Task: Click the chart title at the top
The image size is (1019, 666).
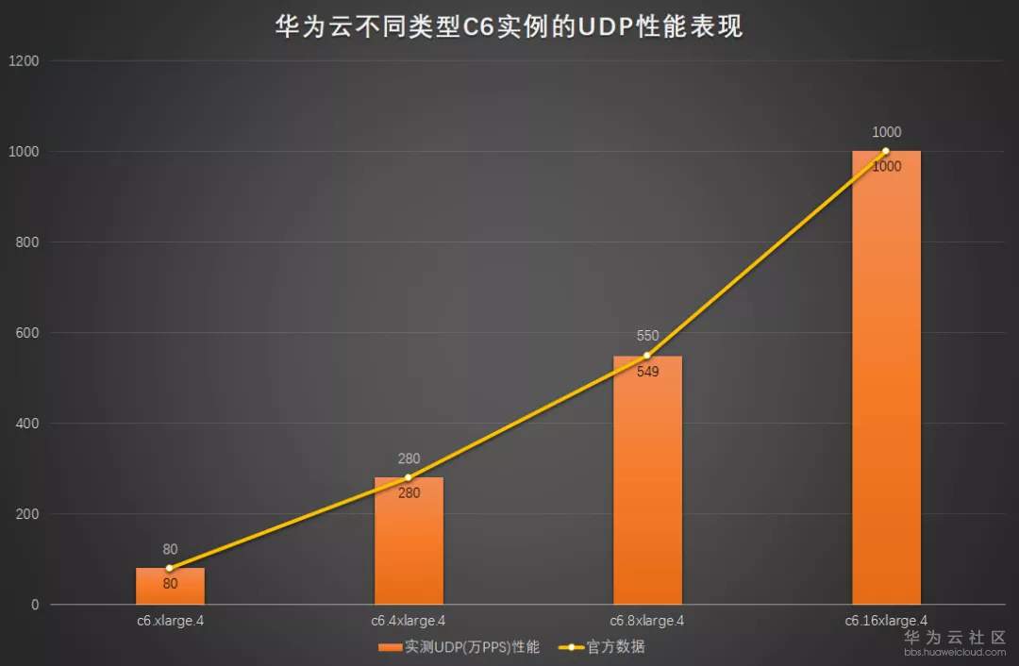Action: point(509,26)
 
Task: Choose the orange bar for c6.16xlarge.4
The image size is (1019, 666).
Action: point(886,377)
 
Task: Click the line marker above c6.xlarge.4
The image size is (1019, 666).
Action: point(170,568)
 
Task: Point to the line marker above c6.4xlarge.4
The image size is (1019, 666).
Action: point(409,477)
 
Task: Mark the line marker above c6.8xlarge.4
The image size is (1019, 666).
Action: point(647,356)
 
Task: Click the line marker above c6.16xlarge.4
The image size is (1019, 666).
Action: point(886,151)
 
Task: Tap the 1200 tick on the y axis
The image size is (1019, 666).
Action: point(24,61)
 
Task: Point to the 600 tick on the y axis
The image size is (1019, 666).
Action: point(27,333)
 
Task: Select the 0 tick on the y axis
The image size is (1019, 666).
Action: point(35,605)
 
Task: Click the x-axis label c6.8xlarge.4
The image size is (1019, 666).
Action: point(647,621)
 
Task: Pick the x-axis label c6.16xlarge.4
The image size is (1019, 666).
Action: point(886,621)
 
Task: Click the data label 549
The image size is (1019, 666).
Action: point(647,372)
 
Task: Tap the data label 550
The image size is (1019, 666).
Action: point(647,337)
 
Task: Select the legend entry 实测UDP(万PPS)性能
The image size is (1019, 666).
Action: point(459,647)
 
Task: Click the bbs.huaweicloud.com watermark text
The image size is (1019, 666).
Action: point(954,652)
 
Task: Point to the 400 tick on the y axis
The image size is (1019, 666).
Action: point(27,424)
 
